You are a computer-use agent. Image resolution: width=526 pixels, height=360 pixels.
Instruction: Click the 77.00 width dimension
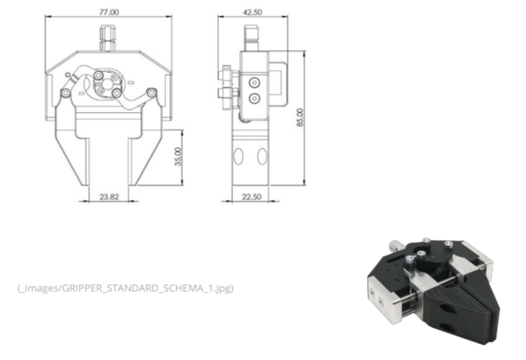109,12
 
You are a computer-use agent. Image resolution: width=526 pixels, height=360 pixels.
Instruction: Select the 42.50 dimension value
252,12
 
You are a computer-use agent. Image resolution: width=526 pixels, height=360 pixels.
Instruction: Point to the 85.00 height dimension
300,117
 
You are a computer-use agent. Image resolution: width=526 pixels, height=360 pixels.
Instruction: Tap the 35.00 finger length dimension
178,157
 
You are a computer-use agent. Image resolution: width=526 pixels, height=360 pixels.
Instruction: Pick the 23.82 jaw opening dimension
109,197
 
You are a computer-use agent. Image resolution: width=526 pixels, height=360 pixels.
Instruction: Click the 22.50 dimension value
251,197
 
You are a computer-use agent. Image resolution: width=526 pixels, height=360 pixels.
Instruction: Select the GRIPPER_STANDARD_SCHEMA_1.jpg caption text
126,288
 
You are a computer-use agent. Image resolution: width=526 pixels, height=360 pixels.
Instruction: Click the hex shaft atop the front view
108,38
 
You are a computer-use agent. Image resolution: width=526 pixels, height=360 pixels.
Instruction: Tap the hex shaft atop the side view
251,38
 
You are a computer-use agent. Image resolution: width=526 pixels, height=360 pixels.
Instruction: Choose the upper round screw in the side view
254,82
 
